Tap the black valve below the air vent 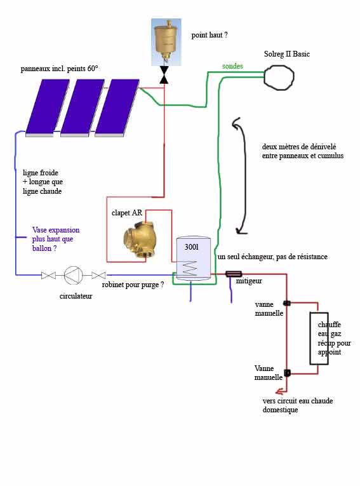[x=164, y=75]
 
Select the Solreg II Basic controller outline [x=279, y=77]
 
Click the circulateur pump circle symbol [x=74, y=275]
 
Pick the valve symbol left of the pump [x=48, y=275]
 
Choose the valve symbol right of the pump [x=98, y=275]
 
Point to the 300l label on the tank [x=192, y=247]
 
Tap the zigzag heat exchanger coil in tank [x=189, y=268]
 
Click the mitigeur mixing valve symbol [x=234, y=274]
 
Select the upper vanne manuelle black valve [x=287, y=303]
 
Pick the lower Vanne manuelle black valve [x=287, y=373]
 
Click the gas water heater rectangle [x=319, y=339]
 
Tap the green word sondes [x=232, y=66]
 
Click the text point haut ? [x=210, y=35]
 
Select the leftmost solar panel [x=48, y=108]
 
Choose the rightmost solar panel [x=117, y=108]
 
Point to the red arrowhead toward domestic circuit [x=281, y=391]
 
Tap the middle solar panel [x=83, y=108]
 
